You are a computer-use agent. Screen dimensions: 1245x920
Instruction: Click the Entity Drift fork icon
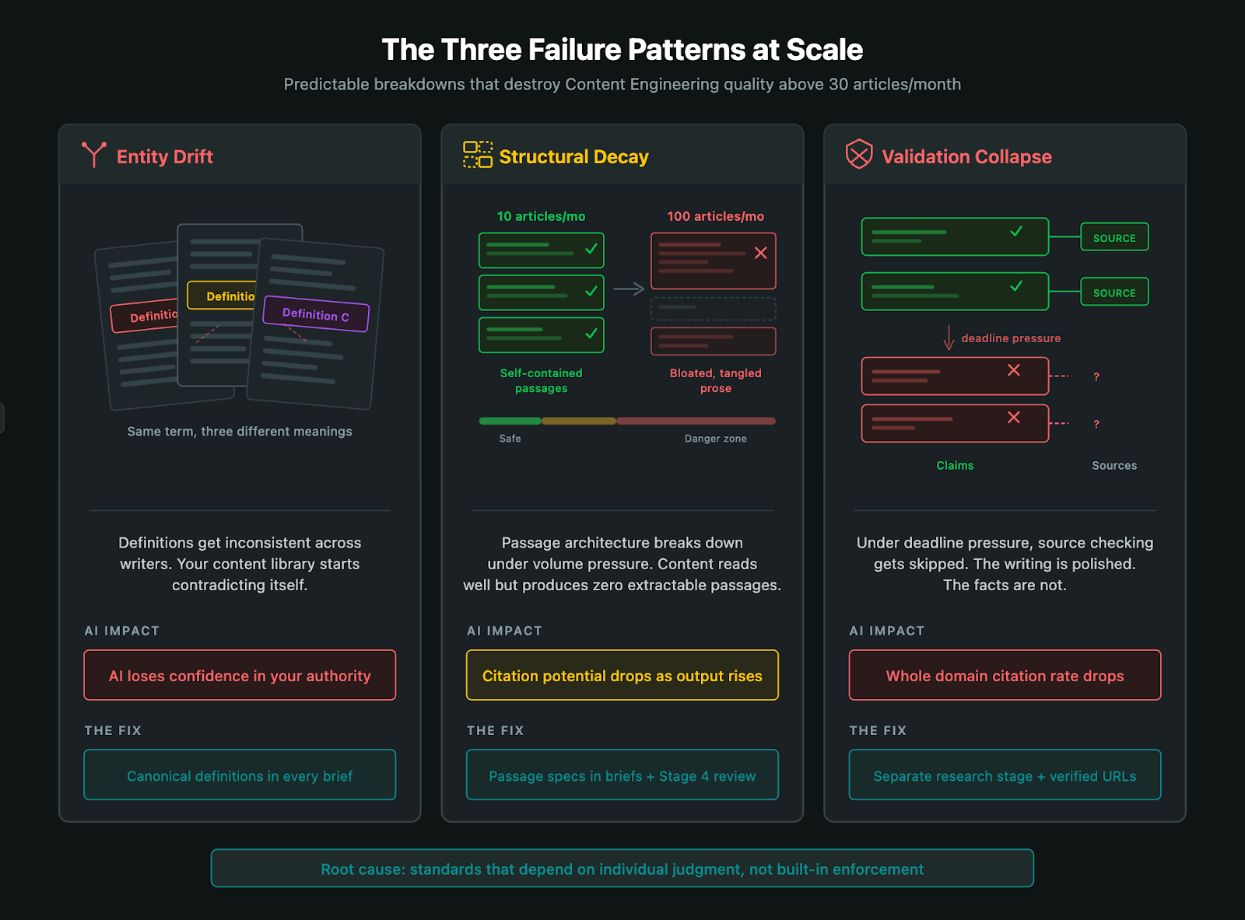[94, 155]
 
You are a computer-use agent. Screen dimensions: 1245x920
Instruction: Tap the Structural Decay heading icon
[478, 155]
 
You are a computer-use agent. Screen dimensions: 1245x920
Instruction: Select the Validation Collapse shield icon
[859, 154]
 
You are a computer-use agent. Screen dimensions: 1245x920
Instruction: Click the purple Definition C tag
[316, 314]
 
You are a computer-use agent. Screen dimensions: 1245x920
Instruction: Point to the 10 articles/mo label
[541, 216]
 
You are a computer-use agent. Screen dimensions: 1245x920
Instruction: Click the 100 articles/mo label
[715, 216]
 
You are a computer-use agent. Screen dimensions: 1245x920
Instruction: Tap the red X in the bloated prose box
[760, 253]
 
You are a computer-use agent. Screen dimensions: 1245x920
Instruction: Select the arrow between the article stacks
[629, 289]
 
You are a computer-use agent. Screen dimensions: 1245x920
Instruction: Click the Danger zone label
[715, 439]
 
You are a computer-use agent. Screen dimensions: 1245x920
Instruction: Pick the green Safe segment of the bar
[510, 421]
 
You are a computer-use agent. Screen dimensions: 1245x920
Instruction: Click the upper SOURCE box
[1114, 238]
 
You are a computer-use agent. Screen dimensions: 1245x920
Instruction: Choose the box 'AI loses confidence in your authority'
[240, 675]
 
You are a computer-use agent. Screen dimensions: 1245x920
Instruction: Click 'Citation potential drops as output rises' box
[622, 675]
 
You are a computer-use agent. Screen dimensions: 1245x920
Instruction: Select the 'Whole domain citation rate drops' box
[1005, 675]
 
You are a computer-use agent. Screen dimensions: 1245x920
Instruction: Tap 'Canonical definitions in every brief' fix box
[240, 775]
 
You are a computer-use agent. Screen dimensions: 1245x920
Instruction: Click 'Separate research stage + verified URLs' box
[1005, 775]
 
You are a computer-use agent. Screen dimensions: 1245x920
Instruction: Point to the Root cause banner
[622, 868]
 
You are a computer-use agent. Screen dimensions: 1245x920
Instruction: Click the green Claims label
[955, 465]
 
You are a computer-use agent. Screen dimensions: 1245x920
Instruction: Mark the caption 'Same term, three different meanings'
[240, 432]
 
